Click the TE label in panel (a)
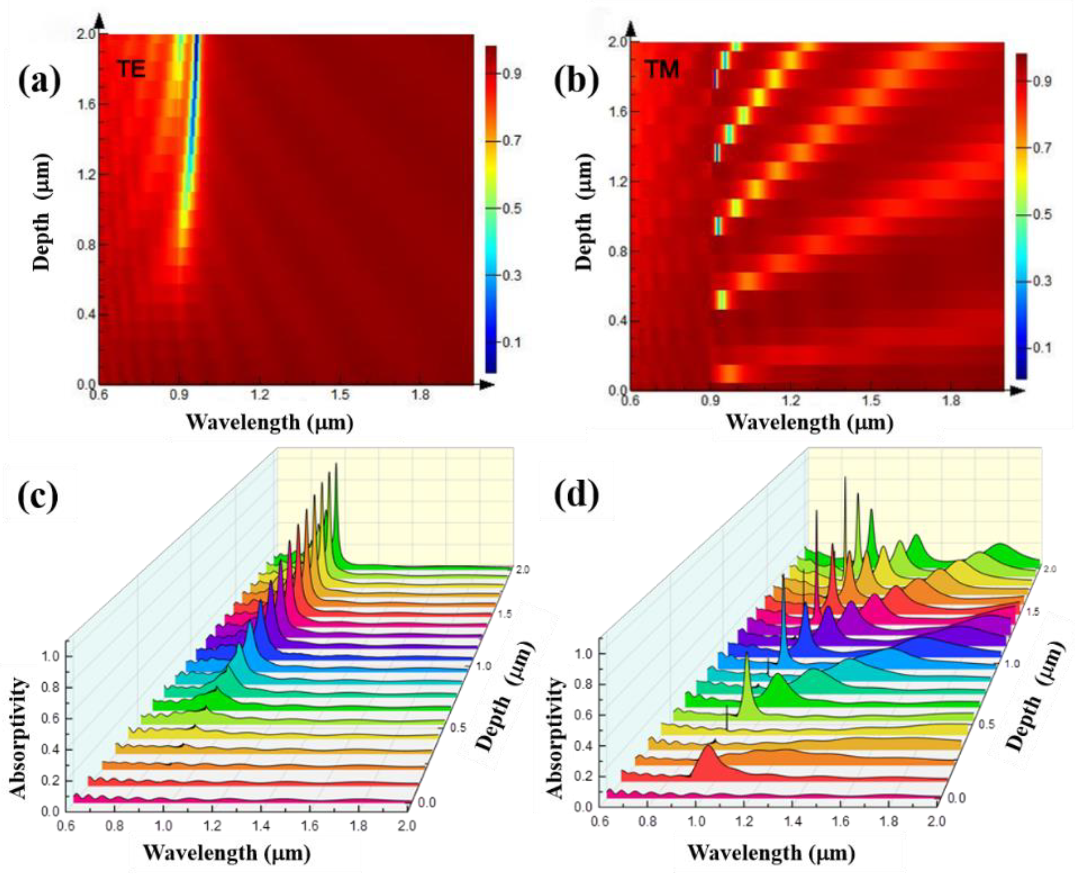[132, 69]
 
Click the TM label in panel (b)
[663, 69]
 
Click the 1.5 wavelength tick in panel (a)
[340, 395]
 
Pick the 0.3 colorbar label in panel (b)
[1040, 281]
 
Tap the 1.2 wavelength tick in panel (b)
[791, 401]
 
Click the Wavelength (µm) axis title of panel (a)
[270, 422]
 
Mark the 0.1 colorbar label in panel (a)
[510, 342]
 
